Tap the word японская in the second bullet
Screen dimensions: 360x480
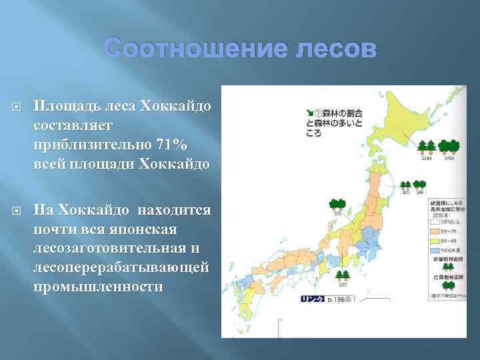coord(145,229)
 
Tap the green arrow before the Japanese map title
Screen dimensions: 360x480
coord(310,111)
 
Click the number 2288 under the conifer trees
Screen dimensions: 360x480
coord(426,159)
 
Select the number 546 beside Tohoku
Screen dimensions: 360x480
coord(420,193)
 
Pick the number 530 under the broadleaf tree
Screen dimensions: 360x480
coord(337,213)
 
